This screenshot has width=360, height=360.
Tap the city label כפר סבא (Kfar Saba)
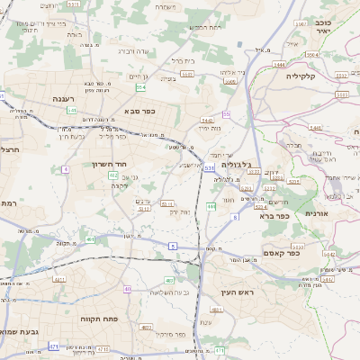(141, 112)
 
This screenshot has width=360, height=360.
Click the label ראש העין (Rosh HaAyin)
(239, 292)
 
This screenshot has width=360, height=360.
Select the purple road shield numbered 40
(128, 289)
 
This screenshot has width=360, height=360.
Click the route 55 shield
(227, 114)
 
